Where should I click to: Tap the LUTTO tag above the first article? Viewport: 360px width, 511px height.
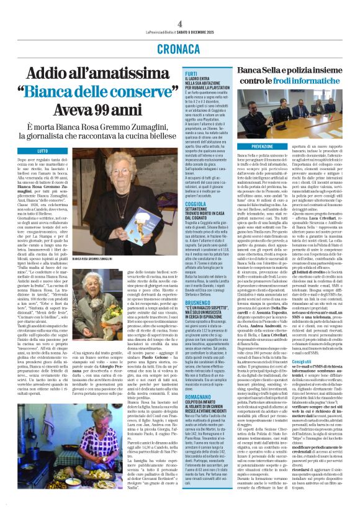pyautogui.click(x=43, y=151)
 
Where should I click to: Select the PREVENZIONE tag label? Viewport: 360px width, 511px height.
pyautogui.click(x=254, y=145)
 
